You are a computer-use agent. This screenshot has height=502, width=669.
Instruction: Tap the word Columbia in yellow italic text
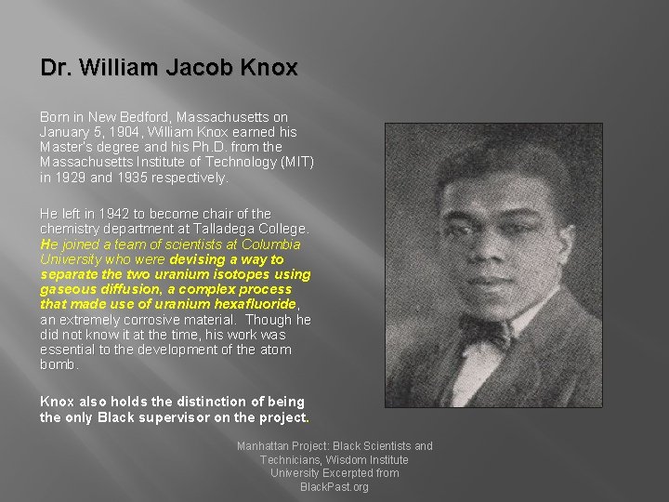coord(270,244)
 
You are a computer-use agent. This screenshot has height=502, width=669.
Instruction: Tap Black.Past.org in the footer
coord(334,486)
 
